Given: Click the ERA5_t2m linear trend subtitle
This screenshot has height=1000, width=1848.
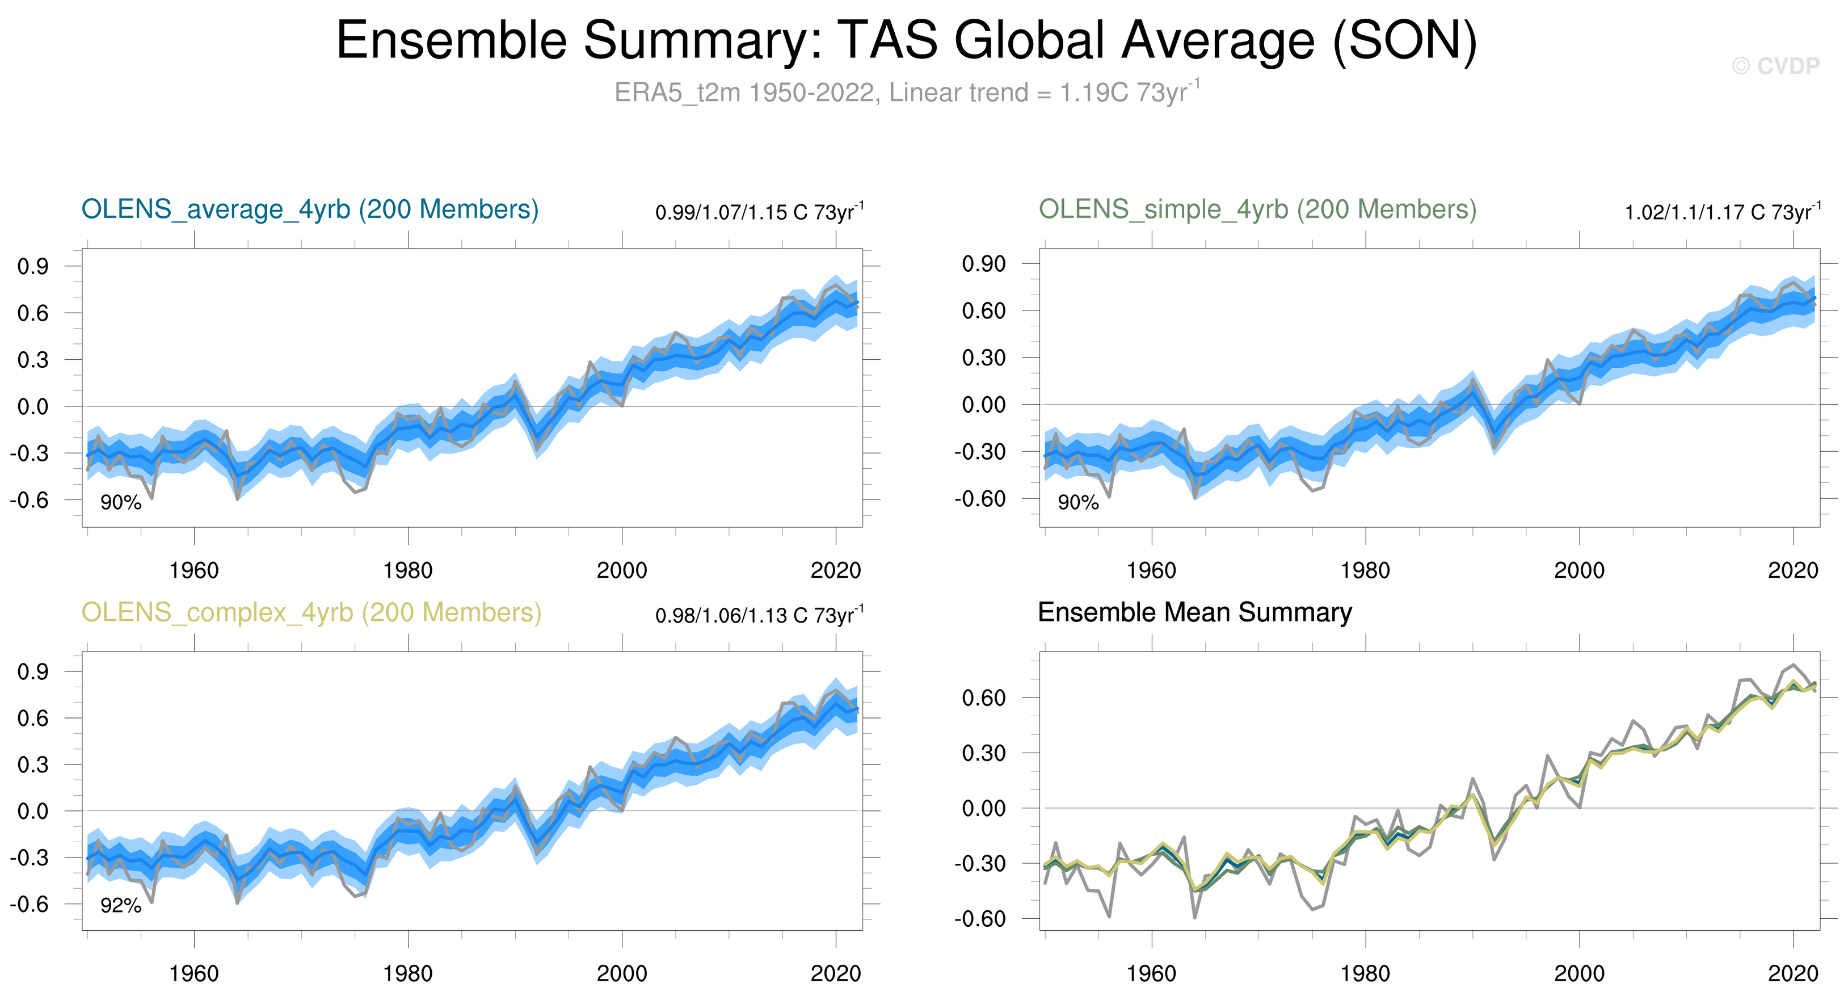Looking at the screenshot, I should pyautogui.click(x=906, y=93).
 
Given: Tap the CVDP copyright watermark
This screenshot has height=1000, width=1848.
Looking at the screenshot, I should pyautogui.click(x=1775, y=66).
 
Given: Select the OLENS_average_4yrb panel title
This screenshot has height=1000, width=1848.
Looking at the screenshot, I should pyautogui.click(x=310, y=209).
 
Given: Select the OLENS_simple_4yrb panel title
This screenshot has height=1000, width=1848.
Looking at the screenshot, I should pyautogui.click(x=1257, y=209).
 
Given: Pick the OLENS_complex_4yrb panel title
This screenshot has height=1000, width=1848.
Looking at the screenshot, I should pyautogui.click(x=311, y=612).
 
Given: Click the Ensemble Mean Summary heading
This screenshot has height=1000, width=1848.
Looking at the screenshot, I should pyautogui.click(x=1194, y=612).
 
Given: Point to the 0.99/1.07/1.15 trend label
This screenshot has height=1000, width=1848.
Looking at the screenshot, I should pyautogui.click(x=759, y=212).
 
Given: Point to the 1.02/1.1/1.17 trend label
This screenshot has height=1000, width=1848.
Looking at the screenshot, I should pyautogui.click(x=1721, y=212).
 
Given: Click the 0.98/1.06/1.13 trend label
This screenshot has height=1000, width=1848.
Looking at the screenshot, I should pyautogui.click(x=759, y=616).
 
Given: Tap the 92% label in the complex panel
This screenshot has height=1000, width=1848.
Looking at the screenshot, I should pyautogui.click(x=120, y=905).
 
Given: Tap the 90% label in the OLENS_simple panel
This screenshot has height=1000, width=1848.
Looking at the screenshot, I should pyautogui.click(x=1078, y=502).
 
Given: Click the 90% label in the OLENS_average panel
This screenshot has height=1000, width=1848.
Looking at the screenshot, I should pyautogui.click(x=120, y=502).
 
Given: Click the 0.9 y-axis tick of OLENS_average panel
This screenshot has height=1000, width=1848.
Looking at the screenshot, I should pyautogui.click(x=33, y=267).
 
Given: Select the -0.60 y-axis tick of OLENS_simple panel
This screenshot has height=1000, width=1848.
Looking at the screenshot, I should pyautogui.click(x=980, y=498).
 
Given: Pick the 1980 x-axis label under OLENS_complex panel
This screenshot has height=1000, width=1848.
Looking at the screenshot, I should pyautogui.click(x=407, y=973).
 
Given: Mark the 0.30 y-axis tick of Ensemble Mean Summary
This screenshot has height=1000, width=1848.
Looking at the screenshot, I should pyautogui.click(x=983, y=753).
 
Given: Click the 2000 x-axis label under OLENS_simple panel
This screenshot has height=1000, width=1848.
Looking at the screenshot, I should pyautogui.click(x=1579, y=570).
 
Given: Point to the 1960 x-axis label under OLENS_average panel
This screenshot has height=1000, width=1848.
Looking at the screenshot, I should pyautogui.click(x=193, y=570).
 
